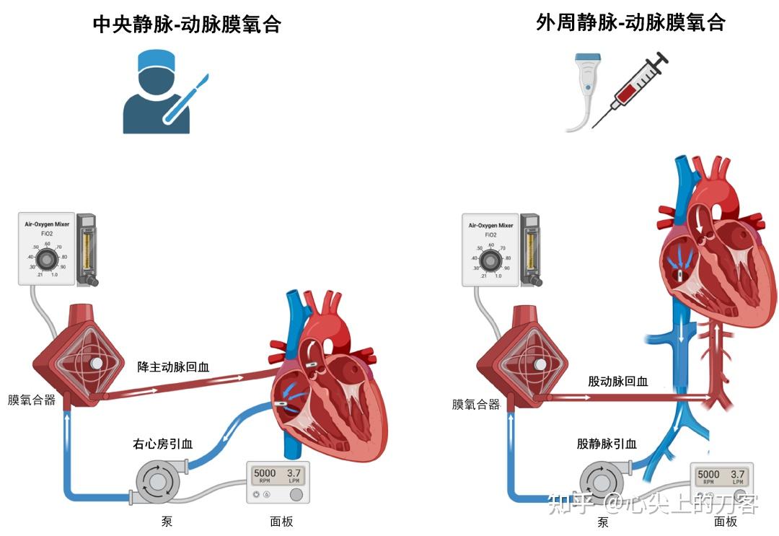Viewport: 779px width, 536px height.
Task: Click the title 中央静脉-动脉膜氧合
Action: (x=187, y=25)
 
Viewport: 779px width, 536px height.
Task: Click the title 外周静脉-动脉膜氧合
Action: (x=630, y=23)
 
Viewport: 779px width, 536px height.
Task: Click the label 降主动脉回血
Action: (x=173, y=366)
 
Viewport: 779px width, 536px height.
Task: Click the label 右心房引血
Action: (x=162, y=444)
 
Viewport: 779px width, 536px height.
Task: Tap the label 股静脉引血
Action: (x=607, y=444)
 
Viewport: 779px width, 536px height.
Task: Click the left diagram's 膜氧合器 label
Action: (x=32, y=400)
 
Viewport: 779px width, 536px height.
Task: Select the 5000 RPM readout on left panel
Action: (x=264, y=476)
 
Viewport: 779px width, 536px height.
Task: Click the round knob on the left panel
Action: (x=296, y=495)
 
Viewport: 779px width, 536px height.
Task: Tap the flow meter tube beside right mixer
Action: (x=530, y=249)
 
